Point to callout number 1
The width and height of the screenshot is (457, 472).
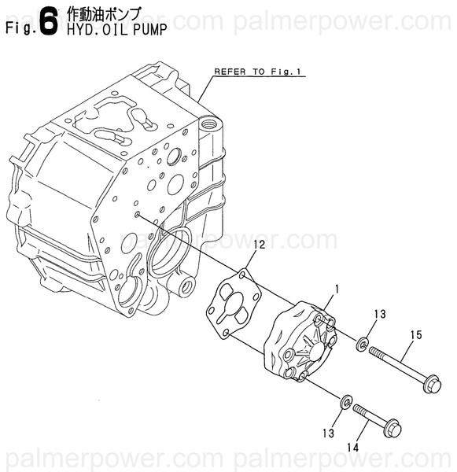coord(336,289)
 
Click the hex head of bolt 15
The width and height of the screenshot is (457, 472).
coord(432,385)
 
